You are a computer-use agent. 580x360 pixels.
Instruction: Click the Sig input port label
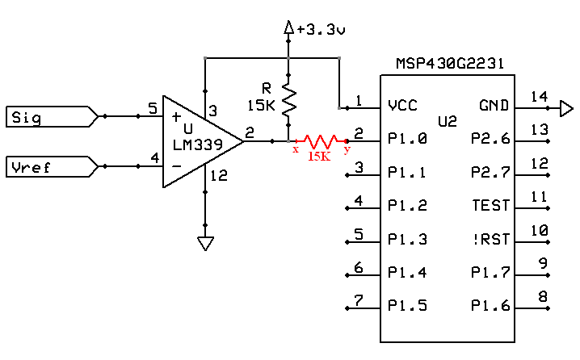26,118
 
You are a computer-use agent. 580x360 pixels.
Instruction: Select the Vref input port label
31,167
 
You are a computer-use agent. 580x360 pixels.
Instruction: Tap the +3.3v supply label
321,30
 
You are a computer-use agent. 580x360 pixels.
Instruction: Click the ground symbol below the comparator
206,243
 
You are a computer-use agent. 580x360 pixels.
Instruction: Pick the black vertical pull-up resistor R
288,101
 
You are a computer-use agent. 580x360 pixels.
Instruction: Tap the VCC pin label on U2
401,105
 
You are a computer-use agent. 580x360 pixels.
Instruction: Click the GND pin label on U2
495,105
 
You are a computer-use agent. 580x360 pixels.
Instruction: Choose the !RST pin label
491,239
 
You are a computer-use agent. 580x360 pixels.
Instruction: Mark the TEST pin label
491,206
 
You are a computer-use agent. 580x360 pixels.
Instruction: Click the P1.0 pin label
406,139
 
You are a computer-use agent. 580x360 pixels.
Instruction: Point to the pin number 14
539,97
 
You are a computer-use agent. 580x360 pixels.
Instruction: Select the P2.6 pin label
491,139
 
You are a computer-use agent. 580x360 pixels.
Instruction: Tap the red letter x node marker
296,149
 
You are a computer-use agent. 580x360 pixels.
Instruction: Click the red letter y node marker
347,149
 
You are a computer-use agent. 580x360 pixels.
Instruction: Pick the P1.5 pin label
406,306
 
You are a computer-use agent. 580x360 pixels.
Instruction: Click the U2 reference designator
447,122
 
